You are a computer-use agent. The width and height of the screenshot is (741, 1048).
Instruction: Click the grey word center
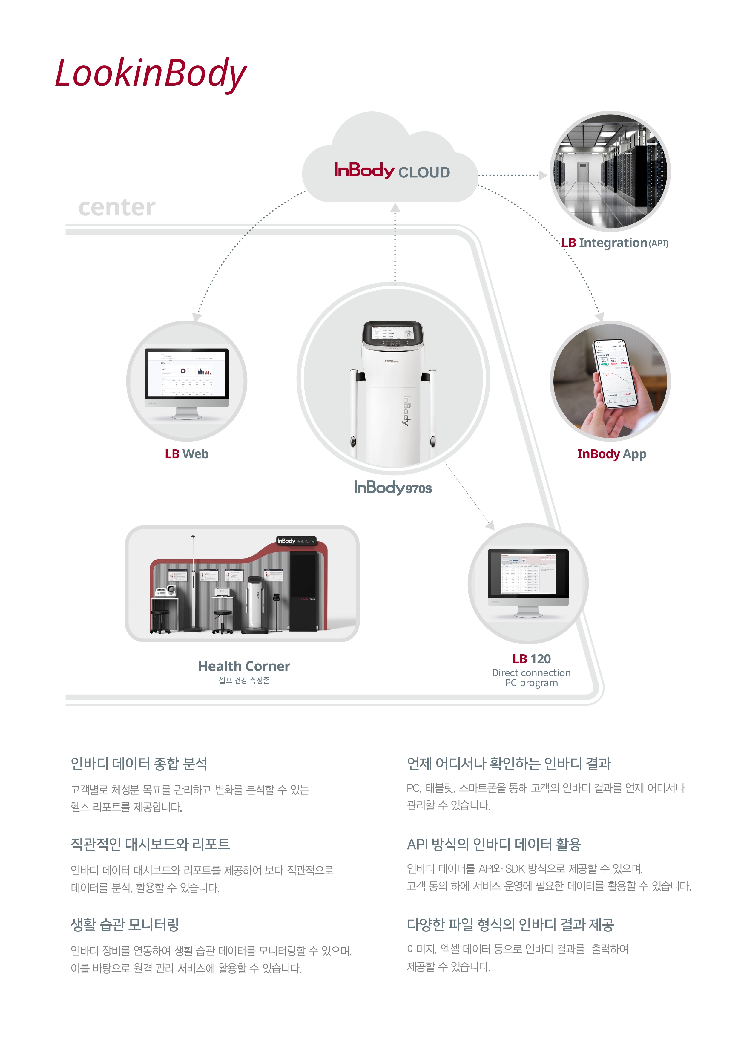[x=117, y=207]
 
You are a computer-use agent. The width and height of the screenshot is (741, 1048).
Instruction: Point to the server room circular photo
[x=610, y=171]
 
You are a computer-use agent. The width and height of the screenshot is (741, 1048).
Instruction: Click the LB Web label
[x=187, y=454]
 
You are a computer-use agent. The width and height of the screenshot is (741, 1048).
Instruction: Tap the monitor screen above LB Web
[x=187, y=373]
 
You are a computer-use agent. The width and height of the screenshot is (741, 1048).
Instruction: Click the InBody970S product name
[x=393, y=488]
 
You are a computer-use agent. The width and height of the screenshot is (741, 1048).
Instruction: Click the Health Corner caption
[x=244, y=667]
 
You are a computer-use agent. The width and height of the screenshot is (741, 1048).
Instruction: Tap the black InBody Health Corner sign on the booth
[x=296, y=541]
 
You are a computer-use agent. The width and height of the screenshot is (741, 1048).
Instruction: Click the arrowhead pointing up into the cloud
[x=395, y=208]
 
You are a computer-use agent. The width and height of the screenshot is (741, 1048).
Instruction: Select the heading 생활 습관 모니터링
[x=125, y=925]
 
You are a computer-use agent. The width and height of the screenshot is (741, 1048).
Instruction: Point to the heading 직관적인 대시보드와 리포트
[x=150, y=844]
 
